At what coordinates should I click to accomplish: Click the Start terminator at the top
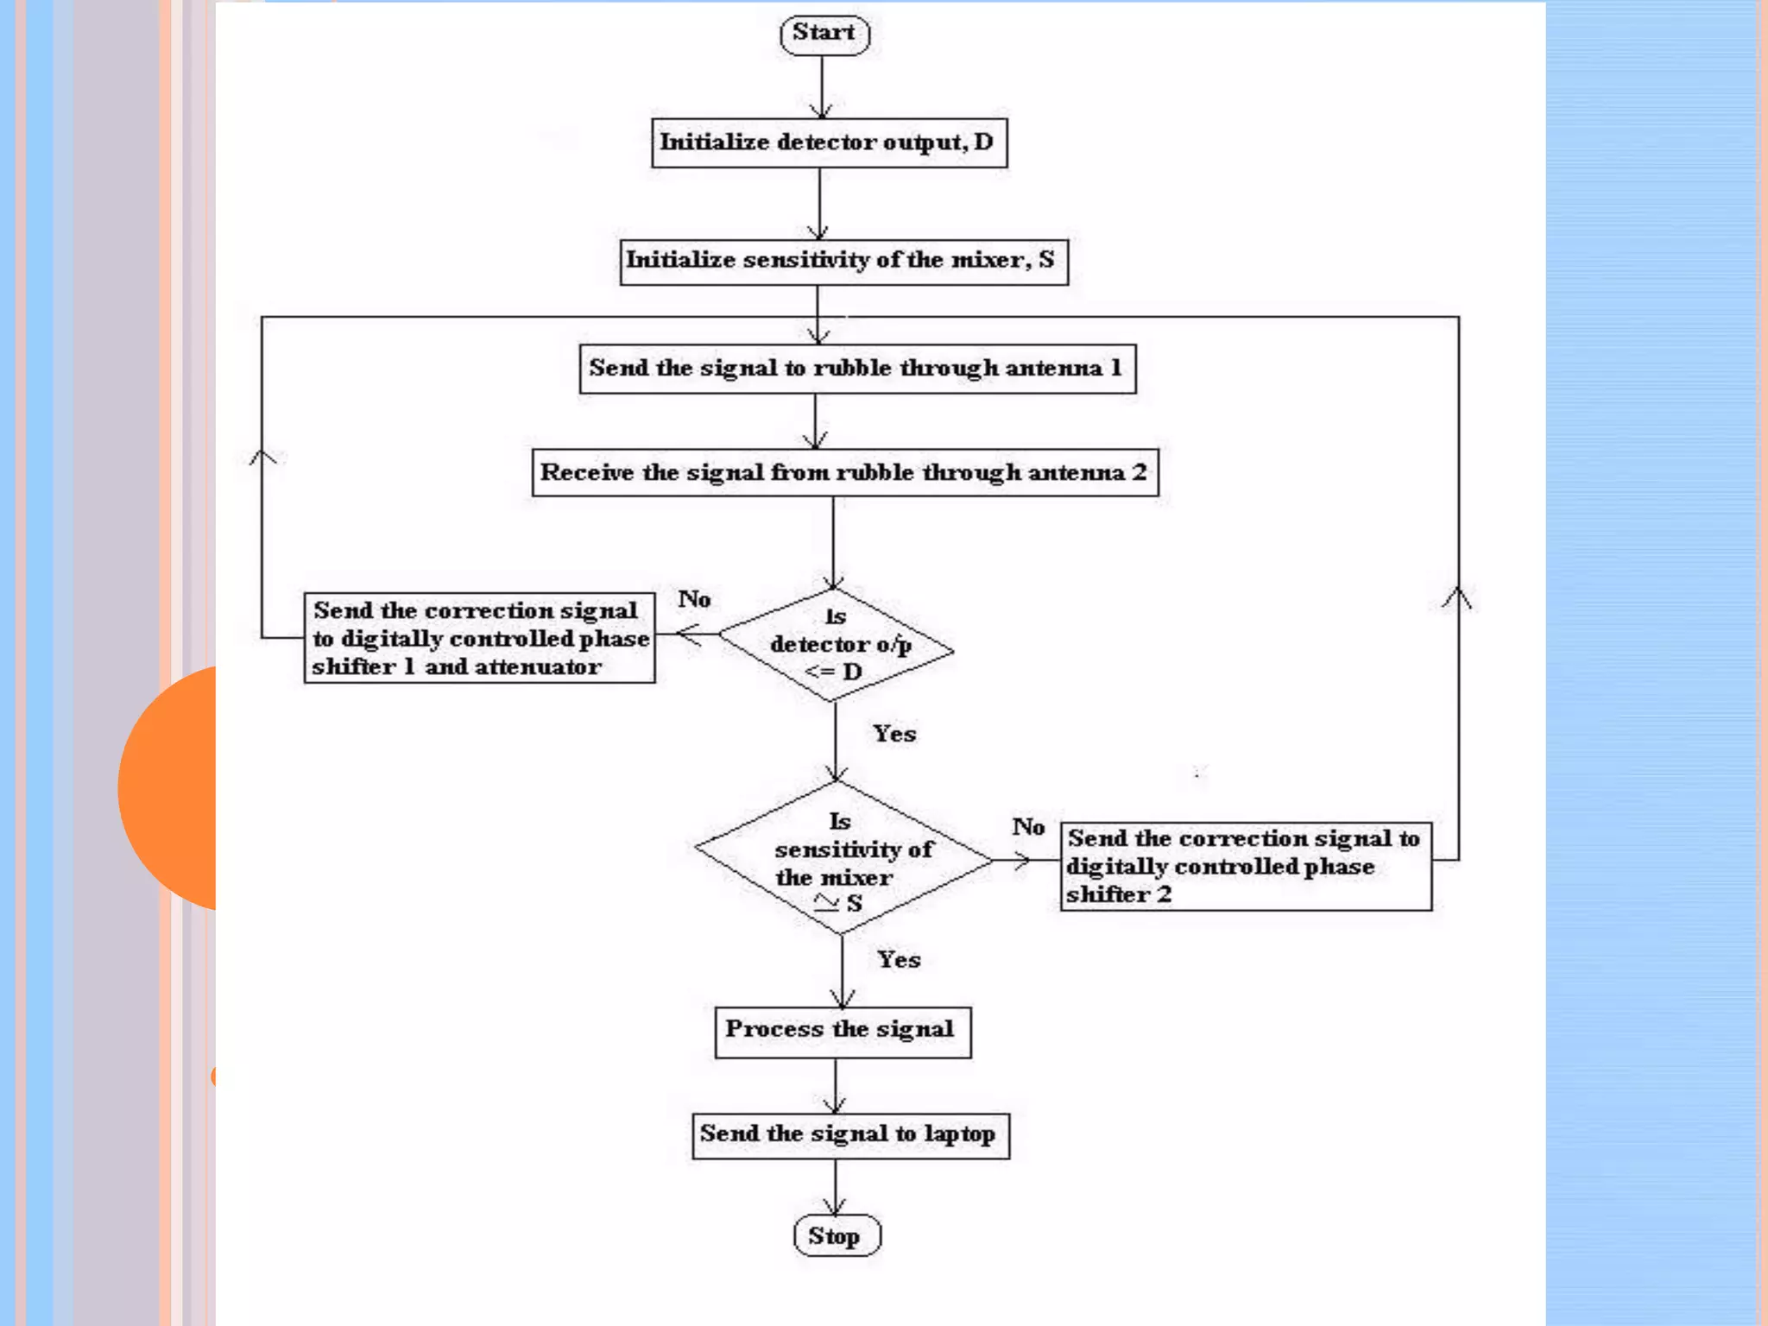tap(824, 35)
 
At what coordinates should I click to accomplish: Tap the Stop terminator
tap(837, 1236)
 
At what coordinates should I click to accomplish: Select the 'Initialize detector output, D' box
tap(829, 143)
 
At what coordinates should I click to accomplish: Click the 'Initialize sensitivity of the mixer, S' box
tap(843, 262)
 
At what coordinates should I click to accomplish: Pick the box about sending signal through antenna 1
tap(857, 369)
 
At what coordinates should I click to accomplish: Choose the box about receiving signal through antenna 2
tap(844, 473)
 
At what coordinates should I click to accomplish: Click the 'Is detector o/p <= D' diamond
tap(836, 645)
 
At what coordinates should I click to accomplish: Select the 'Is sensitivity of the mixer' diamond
tap(843, 859)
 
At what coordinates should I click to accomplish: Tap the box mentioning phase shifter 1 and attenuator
tap(479, 639)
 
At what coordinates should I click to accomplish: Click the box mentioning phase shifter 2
tap(1245, 867)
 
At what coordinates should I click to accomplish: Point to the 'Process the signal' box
tap(843, 1032)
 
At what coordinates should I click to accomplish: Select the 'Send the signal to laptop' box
tap(850, 1135)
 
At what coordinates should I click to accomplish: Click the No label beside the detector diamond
tap(694, 599)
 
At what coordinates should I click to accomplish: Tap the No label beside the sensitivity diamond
tap(1028, 827)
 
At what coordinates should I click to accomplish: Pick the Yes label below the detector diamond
tap(894, 734)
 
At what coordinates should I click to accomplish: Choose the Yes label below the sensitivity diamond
tap(899, 960)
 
